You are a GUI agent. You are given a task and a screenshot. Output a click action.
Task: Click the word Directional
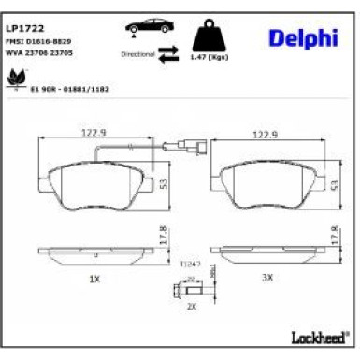point(137,56)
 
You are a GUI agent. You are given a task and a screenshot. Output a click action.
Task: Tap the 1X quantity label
point(94,279)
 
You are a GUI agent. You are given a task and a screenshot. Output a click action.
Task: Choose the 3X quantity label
point(267,279)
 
